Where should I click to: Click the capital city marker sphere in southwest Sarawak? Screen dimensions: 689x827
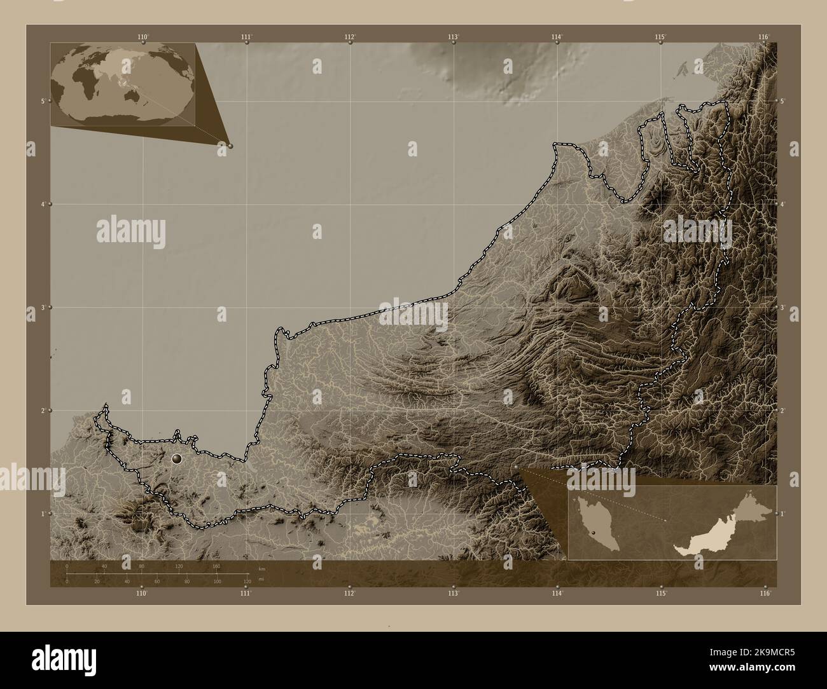[177, 458]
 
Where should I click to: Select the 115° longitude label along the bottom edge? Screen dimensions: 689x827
[661, 594]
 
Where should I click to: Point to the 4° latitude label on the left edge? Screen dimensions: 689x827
[43, 204]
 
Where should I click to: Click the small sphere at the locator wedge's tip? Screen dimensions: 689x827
[230, 146]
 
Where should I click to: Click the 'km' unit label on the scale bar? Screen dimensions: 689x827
[261, 568]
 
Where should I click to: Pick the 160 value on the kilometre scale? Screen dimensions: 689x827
[216, 566]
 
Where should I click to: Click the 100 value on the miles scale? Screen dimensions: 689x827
[217, 582]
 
